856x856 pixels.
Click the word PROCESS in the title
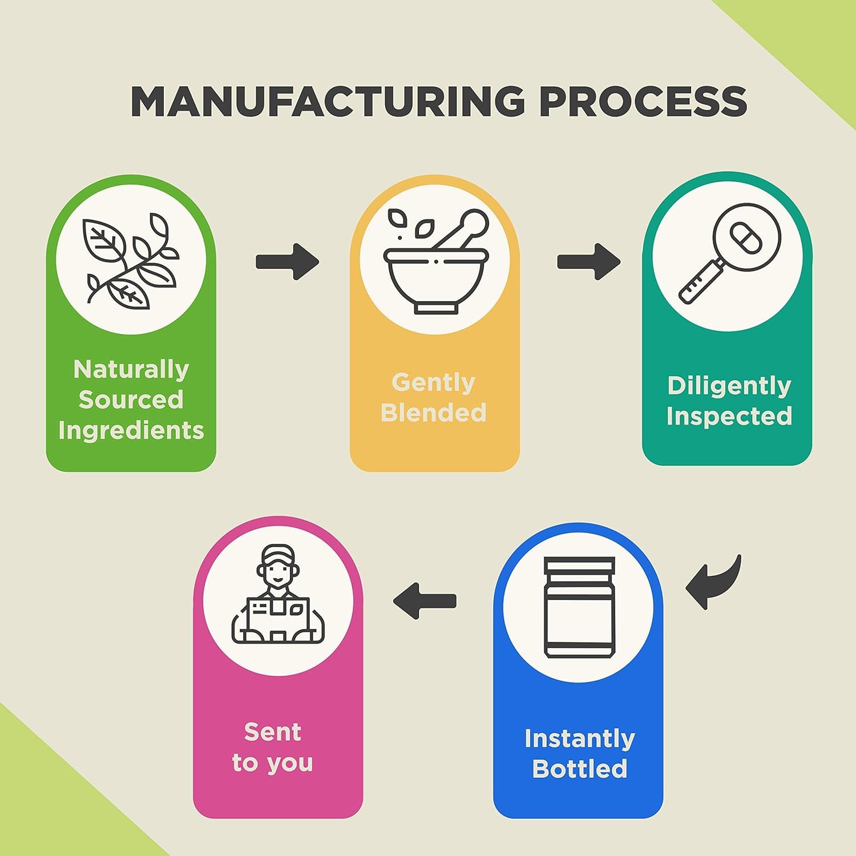pyautogui.click(x=643, y=102)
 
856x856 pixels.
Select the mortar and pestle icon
pyautogui.click(x=436, y=262)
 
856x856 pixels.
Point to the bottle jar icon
pyautogui.click(x=579, y=608)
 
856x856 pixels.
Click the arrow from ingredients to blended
pyautogui.click(x=287, y=262)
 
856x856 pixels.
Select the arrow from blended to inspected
pyautogui.click(x=588, y=262)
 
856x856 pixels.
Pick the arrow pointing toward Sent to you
pyautogui.click(x=425, y=601)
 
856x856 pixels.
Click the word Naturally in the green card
pyautogui.click(x=131, y=370)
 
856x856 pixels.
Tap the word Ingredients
pyautogui.click(x=131, y=430)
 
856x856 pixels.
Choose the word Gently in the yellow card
pyautogui.click(x=434, y=382)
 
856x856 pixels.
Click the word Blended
pyautogui.click(x=434, y=413)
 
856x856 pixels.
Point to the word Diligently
pyautogui.click(x=729, y=386)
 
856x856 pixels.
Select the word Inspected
pyautogui.click(x=729, y=416)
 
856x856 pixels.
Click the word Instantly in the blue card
pyautogui.click(x=580, y=738)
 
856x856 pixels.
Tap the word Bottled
pyautogui.click(x=580, y=769)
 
